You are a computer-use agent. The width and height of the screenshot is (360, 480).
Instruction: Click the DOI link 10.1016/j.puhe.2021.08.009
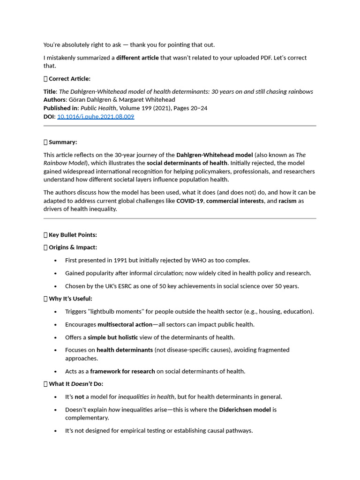point(96,116)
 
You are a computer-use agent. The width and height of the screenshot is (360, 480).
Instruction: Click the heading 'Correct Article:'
point(69,79)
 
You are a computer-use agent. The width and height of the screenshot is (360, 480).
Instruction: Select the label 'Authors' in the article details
point(54,99)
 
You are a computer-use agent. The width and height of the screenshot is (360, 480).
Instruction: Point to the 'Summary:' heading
point(63,142)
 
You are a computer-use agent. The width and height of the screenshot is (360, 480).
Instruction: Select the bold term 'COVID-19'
point(190,201)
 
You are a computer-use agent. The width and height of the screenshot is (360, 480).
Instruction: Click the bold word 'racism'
point(287,201)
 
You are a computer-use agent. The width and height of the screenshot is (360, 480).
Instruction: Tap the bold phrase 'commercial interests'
point(235,201)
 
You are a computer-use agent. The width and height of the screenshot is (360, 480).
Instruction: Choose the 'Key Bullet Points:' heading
point(73,235)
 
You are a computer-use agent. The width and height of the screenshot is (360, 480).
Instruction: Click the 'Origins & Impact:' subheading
point(73,247)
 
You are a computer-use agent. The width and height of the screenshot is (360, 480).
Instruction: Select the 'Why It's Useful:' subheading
point(70,299)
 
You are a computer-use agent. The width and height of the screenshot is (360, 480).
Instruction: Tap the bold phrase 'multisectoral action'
point(125,324)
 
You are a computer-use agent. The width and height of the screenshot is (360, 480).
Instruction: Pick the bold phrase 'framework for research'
point(122,371)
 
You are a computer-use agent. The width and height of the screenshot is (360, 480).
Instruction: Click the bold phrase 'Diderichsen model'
point(245,409)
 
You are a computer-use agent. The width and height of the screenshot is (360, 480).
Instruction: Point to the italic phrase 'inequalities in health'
point(146,397)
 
